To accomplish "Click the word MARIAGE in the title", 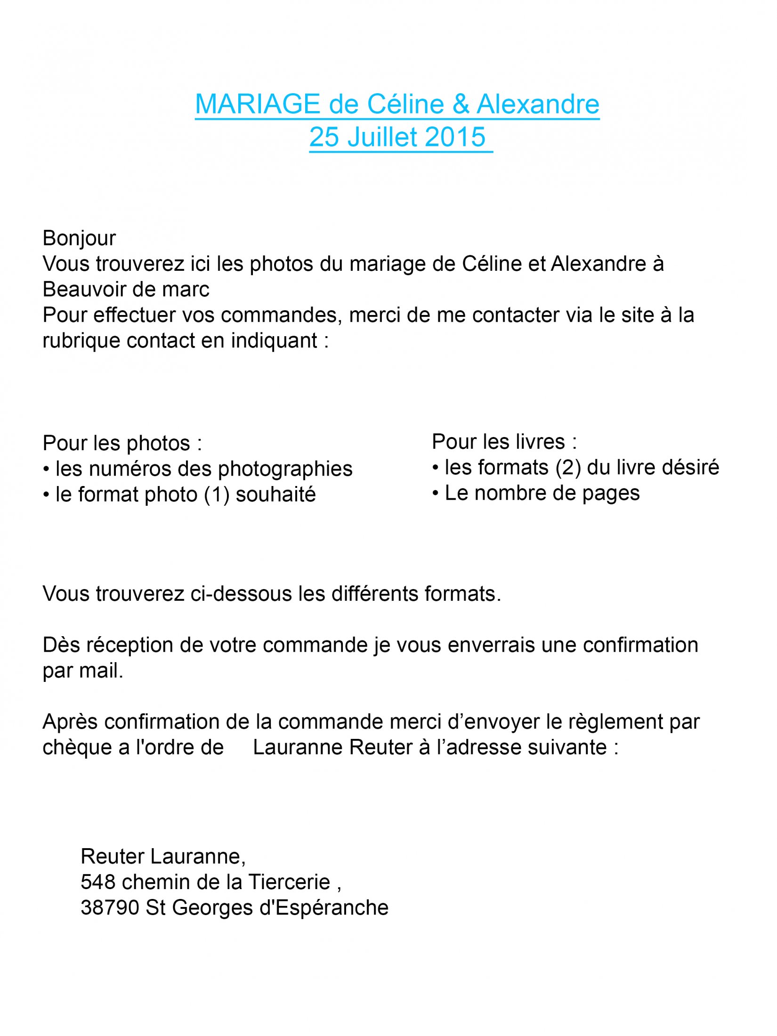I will tap(257, 104).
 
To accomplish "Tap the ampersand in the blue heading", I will tap(461, 104).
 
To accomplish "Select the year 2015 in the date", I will tap(456, 137).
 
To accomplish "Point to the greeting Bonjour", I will tap(79, 238).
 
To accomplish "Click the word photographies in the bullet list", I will tap(285, 469).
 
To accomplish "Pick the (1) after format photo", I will tap(217, 495).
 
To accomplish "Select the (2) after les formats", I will tap(568, 468).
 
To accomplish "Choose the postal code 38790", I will tap(110, 908).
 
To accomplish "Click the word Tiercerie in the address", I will tap(289, 882).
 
